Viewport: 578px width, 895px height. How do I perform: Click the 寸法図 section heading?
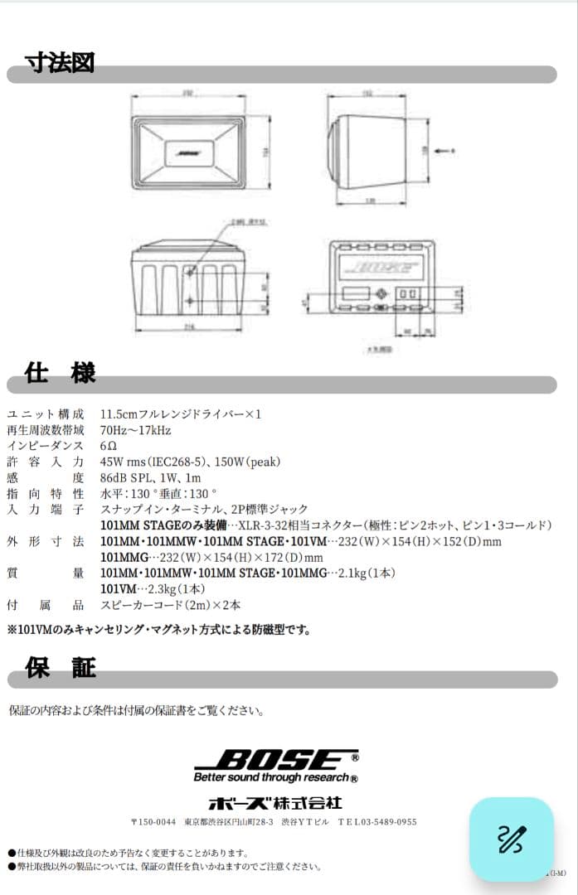[x=60, y=62]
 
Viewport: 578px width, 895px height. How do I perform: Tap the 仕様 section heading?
[x=60, y=372]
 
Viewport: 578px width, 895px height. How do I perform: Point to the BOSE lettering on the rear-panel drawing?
[x=381, y=267]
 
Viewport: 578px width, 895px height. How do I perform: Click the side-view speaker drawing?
[x=368, y=150]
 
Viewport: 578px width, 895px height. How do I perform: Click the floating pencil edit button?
[x=511, y=839]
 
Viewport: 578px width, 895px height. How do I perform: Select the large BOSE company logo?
[x=277, y=760]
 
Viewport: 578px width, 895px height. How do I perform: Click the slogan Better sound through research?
[x=275, y=778]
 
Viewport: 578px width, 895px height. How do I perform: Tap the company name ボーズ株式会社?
[x=274, y=803]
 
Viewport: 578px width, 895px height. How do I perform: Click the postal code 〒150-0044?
[x=154, y=822]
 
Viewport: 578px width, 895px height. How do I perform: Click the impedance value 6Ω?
[x=108, y=446]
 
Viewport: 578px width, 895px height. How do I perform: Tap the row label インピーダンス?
[x=46, y=446]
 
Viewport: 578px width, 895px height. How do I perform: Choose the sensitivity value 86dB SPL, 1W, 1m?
[x=150, y=478]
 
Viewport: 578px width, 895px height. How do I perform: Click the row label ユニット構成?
[x=46, y=414]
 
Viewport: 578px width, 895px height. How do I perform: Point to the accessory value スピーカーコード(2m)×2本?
[x=170, y=605]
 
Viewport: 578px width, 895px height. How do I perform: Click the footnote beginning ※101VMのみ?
[x=158, y=630]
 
